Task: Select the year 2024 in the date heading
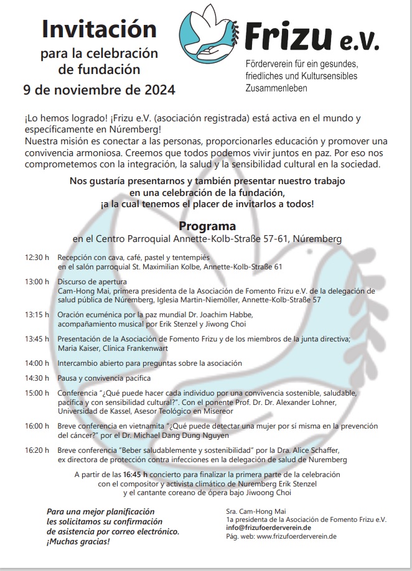tap(154, 89)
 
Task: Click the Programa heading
tap(207, 226)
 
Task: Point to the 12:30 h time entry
tap(37, 257)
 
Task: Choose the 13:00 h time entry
tap(37, 281)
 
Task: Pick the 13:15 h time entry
tap(37, 314)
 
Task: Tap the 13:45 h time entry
tap(37, 338)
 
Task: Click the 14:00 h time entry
tap(37, 363)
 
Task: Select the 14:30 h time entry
tap(37, 378)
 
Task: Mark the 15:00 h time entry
tap(37, 393)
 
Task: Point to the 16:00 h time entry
tap(37, 426)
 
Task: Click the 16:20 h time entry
tap(37, 450)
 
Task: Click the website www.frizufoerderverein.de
tap(296, 536)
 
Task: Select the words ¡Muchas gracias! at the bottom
tap(78, 542)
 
